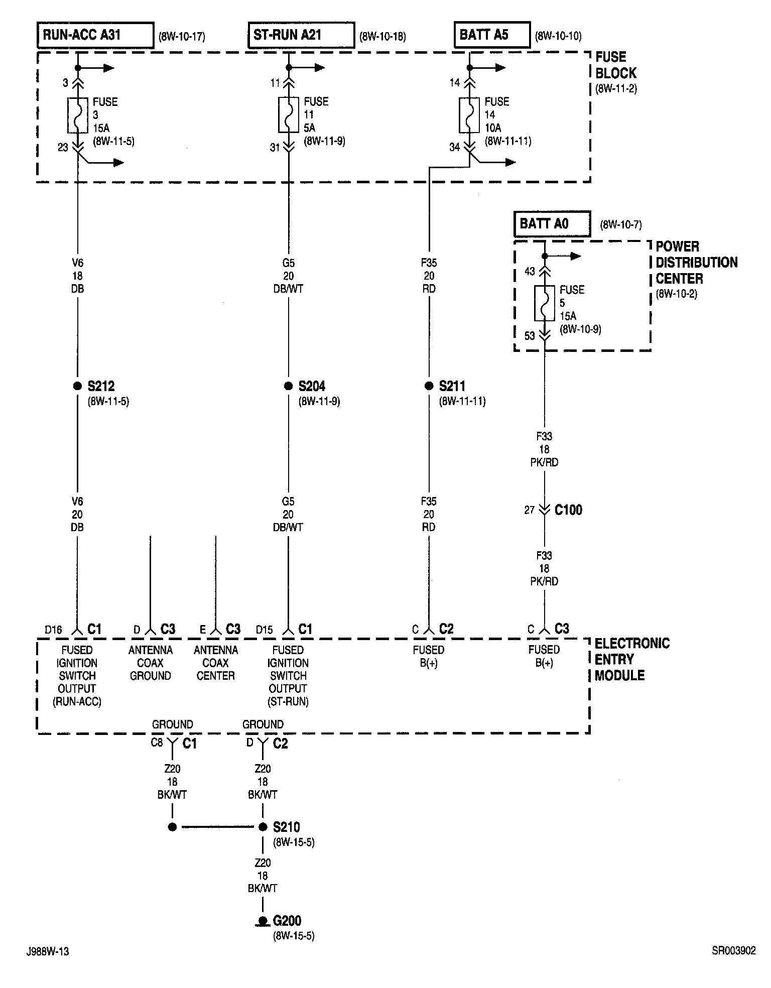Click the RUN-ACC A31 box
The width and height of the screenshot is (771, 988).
[95, 35]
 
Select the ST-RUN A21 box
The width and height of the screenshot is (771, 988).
[301, 35]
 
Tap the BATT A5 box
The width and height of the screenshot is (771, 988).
[492, 35]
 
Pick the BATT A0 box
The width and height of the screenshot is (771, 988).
[552, 224]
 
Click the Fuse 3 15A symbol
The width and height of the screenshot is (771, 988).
[78, 115]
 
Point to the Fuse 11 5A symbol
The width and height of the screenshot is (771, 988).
[289, 114]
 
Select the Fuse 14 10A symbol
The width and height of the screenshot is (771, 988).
[469, 115]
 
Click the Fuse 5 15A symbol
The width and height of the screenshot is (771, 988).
[545, 303]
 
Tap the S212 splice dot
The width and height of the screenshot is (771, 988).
[77, 386]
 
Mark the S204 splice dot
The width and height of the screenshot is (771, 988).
[288, 386]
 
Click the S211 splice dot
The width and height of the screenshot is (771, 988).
[429, 386]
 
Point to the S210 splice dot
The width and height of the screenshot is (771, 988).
[263, 827]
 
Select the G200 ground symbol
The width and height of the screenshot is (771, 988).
[262, 921]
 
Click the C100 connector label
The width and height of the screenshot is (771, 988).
[568, 510]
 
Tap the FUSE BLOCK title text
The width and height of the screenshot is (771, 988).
[615, 65]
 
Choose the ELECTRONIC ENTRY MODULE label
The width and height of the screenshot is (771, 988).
[632, 659]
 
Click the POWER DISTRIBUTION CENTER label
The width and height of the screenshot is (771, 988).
[696, 263]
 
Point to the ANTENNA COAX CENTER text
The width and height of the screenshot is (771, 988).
[215, 663]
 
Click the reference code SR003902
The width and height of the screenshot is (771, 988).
[733, 950]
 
